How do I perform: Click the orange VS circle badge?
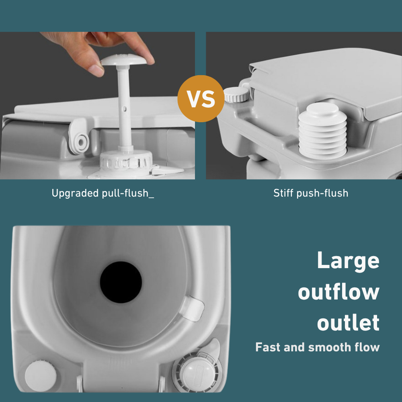[x=201, y=98]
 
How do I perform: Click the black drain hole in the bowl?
[x=121, y=283]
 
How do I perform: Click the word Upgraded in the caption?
[x=74, y=193]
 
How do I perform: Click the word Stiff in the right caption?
[x=284, y=193]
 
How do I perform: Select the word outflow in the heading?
[x=338, y=292]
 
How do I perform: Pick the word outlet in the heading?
[x=348, y=323]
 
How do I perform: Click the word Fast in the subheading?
[x=268, y=347]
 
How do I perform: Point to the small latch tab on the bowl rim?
[x=195, y=308]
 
